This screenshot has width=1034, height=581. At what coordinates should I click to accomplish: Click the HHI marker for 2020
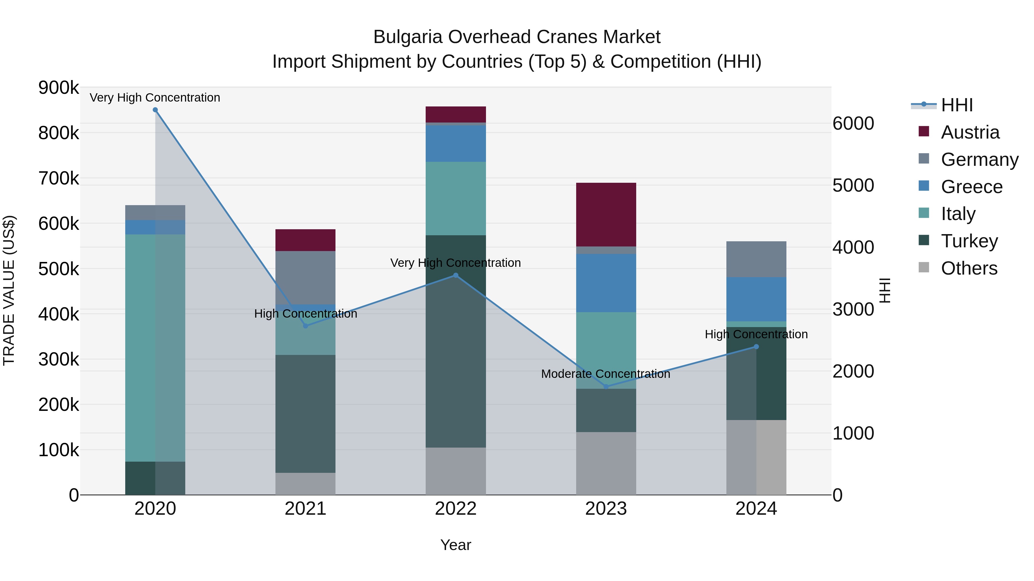click(x=155, y=110)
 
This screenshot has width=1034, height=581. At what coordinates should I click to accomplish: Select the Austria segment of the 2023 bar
click(x=606, y=215)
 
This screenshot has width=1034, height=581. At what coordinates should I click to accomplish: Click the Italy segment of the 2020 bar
click(x=155, y=348)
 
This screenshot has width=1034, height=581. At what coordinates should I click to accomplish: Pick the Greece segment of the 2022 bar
click(x=456, y=143)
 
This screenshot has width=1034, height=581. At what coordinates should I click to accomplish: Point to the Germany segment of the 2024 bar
click(x=756, y=259)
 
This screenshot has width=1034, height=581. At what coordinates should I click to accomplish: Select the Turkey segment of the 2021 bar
click(x=306, y=413)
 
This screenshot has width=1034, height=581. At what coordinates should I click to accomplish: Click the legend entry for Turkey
click(x=969, y=241)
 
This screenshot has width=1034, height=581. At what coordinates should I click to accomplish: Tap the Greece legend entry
click(x=971, y=187)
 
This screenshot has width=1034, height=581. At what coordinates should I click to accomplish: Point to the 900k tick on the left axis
click(x=59, y=88)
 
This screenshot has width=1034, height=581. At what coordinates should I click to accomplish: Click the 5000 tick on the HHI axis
click(x=853, y=185)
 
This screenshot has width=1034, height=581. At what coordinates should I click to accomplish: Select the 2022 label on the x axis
click(x=456, y=509)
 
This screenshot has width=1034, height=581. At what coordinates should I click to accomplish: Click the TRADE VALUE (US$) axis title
click(x=9, y=290)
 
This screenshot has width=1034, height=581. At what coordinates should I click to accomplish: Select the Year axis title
click(x=456, y=545)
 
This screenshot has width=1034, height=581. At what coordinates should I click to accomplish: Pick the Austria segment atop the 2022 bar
click(x=456, y=114)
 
